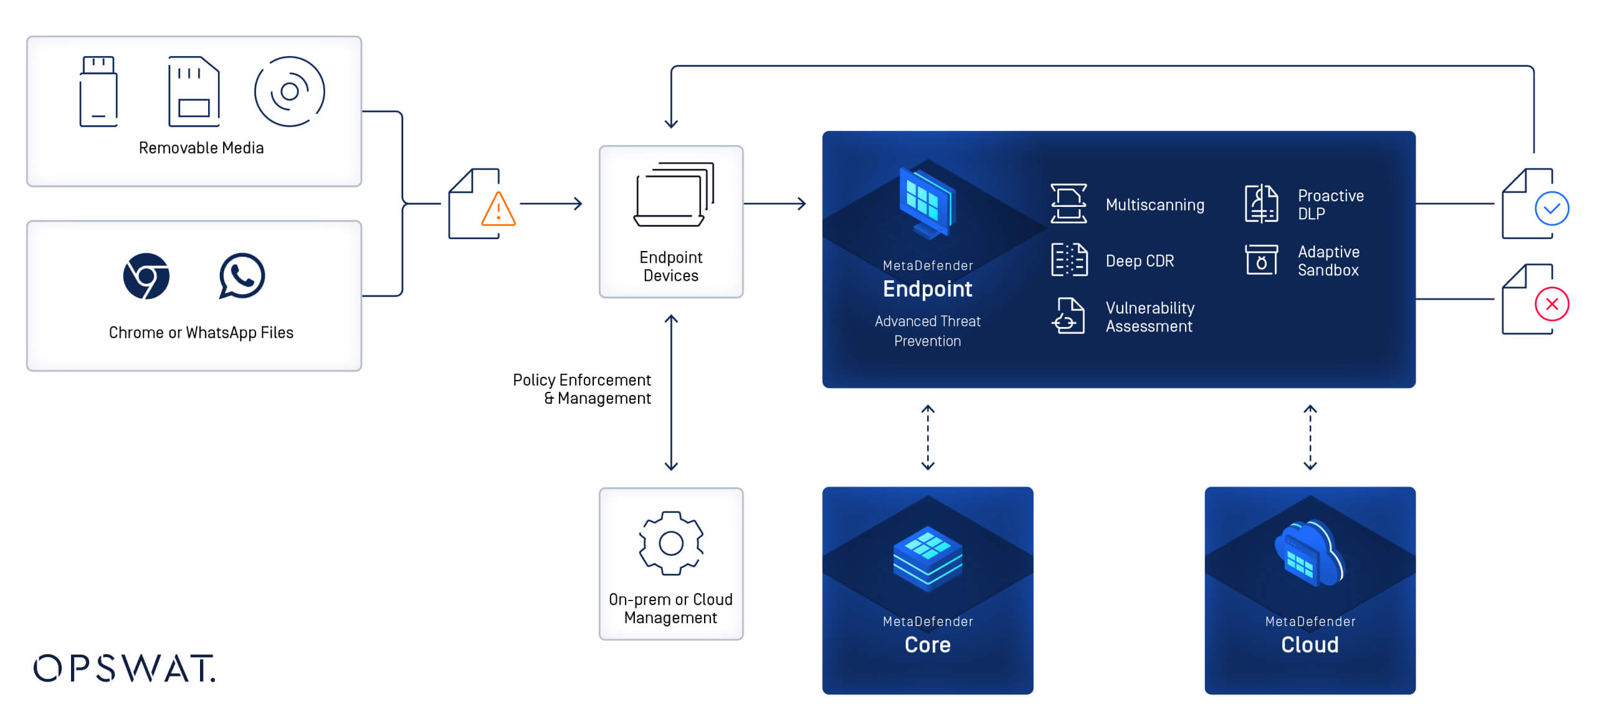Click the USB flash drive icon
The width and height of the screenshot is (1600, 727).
tap(98, 92)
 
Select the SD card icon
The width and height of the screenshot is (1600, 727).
tap(194, 92)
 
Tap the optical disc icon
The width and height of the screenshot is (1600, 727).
tap(289, 92)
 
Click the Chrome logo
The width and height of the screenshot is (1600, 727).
tap(146, 276)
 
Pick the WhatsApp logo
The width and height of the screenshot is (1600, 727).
tap(242, 276)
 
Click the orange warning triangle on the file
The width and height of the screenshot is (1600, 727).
tap(498, 210)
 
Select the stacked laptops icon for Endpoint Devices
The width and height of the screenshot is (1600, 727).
tap(674, 195)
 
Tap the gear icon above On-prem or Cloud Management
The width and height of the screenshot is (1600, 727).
tap(671, 543)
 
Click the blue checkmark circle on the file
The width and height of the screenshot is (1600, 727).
tap(1551, 209)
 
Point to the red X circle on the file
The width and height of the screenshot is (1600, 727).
tap(1551, 304)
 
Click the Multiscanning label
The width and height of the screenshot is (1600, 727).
tap(1155, 205)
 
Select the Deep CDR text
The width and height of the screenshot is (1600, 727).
tap(1140, 261)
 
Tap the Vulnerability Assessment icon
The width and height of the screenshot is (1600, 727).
tap(1069, 316)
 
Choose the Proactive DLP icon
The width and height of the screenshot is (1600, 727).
tap(1261, 204)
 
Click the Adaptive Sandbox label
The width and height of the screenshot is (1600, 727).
tap(1328, 261)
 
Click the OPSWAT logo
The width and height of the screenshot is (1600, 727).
tap(125, 668)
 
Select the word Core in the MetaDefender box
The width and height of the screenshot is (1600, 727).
tap(927, 645)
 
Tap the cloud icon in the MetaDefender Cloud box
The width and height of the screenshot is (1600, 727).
tap(1310, 553)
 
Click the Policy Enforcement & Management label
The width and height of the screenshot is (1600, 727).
tap(581, 389)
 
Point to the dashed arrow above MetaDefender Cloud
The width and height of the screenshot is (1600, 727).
tap(1310, 437)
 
